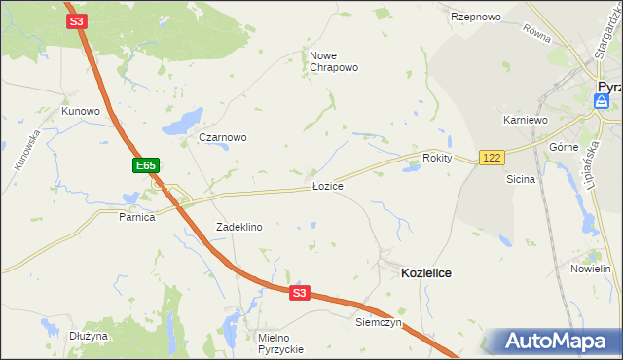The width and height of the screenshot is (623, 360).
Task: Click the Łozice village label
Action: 327,185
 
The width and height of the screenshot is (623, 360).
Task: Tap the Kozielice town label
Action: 425,274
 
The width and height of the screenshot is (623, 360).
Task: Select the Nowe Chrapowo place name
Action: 335,61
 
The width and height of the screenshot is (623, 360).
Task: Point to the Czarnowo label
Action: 223,137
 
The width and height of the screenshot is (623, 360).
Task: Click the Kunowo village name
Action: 81,111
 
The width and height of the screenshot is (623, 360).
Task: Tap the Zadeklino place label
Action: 238,227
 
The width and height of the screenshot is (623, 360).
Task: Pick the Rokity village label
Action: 438,158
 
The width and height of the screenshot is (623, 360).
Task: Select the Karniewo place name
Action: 527,119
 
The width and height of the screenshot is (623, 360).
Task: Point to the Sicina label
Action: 521,179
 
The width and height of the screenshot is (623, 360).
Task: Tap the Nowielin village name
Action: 590,268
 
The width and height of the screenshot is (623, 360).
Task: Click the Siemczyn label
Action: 379,321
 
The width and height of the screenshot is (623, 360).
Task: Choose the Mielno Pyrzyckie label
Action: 281,342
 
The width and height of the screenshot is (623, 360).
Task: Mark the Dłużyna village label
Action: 89,336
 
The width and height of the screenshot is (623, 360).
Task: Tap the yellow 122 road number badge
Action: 491,158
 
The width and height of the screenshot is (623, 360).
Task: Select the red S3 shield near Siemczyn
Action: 299,292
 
